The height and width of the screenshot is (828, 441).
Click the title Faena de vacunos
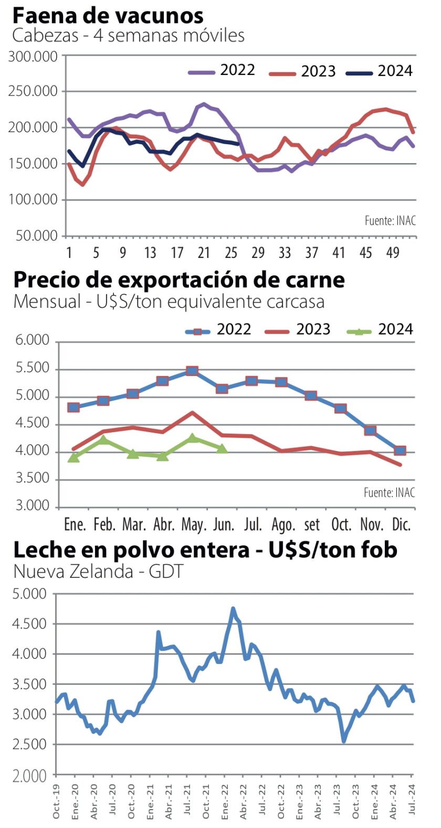tap(108, 16)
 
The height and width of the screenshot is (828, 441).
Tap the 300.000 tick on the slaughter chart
tap(33, 56)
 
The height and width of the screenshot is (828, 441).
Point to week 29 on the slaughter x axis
tap(258, 253)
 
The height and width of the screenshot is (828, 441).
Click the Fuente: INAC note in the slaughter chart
tap(390, 221)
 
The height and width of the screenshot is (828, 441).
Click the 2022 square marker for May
tap(192, 371)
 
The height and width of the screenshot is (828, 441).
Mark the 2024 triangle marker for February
tap(104, 439)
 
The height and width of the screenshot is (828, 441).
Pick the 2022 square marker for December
tap(400, 450)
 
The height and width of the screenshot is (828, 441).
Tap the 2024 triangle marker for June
tap(222, 448)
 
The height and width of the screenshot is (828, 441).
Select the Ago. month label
tap(283, 524)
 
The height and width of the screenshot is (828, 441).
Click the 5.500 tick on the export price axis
tap(33, 368)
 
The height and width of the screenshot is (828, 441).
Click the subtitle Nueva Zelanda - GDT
tap(98, 571)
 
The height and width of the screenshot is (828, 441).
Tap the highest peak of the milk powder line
tap(233, 609)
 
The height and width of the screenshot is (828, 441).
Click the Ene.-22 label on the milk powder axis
tap(225, 802)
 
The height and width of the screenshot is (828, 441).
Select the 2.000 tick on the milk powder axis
tap(30, 776)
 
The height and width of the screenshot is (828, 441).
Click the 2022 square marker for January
tap(73, 407)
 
